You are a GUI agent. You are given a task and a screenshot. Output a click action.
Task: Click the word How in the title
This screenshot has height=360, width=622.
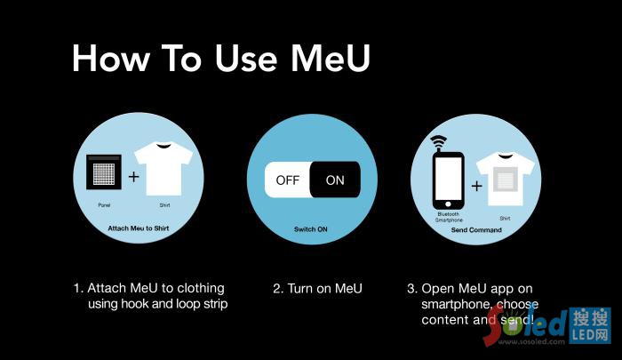pyautogui.click(x=108, y=58)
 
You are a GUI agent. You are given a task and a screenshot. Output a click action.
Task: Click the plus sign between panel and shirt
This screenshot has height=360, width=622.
pyautogui.click(x=134, y=177)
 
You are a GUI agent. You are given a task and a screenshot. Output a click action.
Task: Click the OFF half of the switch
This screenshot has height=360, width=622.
pyautogui.click(x=288, y=180)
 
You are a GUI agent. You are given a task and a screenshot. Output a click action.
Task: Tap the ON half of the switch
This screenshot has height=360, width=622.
pyautogui.click(x=335, y=180)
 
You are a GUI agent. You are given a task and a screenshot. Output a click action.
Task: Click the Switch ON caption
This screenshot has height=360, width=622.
pyautogui.click(x=312, y=229)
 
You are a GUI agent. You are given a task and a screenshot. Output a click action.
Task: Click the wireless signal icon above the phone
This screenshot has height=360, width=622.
pyautogui.click(x=437, y=142)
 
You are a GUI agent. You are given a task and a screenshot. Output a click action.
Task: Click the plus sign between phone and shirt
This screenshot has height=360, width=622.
pyautogui.click(x=476, y=187)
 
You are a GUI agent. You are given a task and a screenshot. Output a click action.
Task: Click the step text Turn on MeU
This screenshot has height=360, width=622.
pyautogui.click(x=317, y=288)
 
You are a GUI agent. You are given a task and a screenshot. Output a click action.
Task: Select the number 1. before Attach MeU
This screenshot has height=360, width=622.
pyautogui.click(x=77, y=288)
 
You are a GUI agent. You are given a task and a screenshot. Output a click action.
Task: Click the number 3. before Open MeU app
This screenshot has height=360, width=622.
pyautogui.click(x=412, y=288)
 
